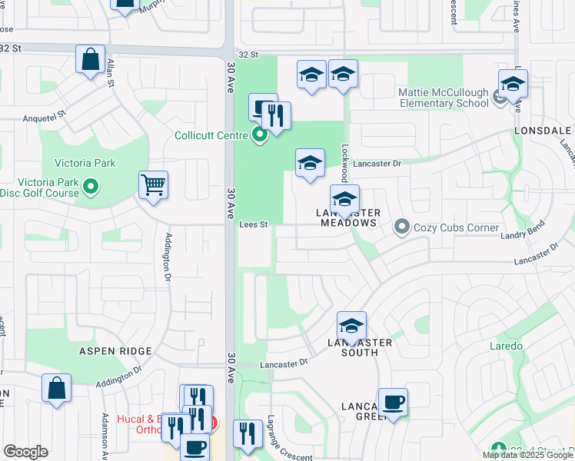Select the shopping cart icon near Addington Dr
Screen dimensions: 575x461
pos(153,184)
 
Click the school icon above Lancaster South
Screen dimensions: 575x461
pos(351,325)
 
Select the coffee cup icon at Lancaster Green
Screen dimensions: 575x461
pos(393,402)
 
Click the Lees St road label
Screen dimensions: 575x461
pos(253,225)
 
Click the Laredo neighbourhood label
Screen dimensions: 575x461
pos(506,347)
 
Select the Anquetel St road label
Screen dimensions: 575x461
pos(45,117)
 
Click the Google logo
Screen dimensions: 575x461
pos(25,452)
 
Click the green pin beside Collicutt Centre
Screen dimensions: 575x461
pos(260,136)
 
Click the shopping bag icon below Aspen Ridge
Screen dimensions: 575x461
pos(57,388)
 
